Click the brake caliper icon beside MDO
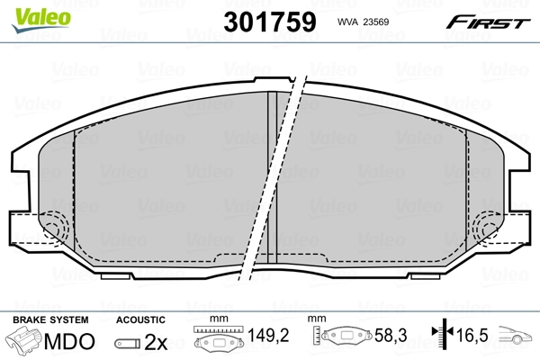(24, 343)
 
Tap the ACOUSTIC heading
(141, 319)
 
